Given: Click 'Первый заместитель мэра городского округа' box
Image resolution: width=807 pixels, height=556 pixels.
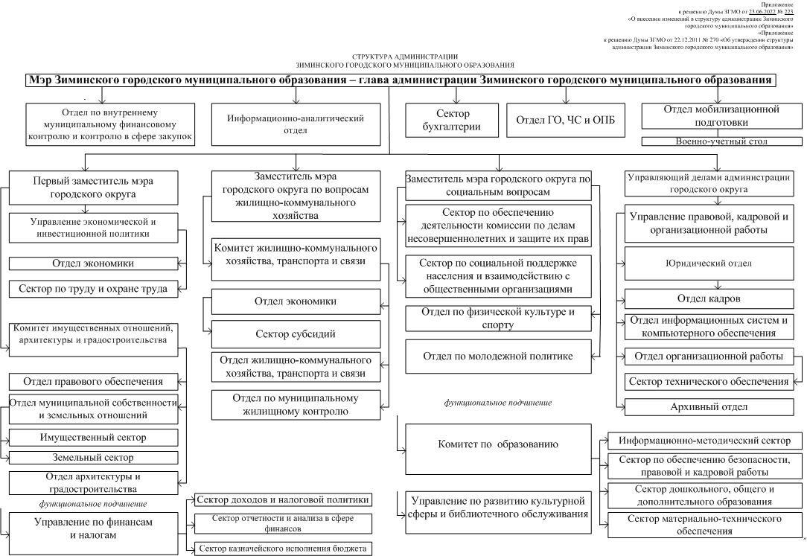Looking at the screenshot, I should pos(94,188).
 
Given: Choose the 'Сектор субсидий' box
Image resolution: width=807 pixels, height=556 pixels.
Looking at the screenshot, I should pos(296,333).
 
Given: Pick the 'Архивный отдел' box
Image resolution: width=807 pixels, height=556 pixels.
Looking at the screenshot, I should pos(708,407).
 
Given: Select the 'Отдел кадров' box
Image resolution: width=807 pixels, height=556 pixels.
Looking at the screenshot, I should pos(714,299).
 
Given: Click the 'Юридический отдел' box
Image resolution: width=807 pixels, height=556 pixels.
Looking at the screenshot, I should pos(714,263).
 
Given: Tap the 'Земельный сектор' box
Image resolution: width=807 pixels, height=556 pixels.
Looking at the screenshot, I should pos(94,458).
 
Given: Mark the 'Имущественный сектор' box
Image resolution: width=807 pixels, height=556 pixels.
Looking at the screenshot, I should pos(94,438).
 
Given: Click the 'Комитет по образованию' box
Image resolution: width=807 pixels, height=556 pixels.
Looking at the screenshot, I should pos(498,444).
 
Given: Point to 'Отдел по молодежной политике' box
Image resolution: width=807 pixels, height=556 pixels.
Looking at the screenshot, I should pos(498,357).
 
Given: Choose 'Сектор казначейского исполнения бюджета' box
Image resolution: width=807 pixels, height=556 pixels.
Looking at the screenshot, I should pos(283,549).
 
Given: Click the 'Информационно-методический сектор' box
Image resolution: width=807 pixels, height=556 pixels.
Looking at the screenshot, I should pos(705,441).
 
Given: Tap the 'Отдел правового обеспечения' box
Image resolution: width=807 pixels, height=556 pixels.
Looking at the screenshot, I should pos(94,382).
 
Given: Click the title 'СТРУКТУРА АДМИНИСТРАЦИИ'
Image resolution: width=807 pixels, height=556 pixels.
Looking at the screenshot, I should pos(405,57).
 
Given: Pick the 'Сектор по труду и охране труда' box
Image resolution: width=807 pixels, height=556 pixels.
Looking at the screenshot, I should pos(94,288).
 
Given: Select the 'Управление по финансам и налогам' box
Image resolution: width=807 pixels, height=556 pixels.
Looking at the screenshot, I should pos(94,528).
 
